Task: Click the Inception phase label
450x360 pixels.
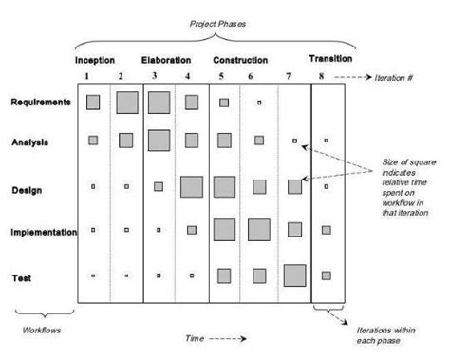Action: pyautogui.click(x=96, y=60)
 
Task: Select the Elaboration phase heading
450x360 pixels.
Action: pyautogui.click(x=166, y=60)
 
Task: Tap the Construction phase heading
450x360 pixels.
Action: pyautogui.click(x=239, y=60)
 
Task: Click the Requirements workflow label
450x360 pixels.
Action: pyautogui.click(x=42, y=102)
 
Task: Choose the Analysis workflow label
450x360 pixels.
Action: pyautogui.click(x=31, y=142)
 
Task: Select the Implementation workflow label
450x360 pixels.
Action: pyautogui.click(x=45, y=230)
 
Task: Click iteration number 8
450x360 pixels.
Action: pyautogui.click(x=323, y=76)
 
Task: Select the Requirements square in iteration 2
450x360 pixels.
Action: pyautogui.click(x=127, y=102)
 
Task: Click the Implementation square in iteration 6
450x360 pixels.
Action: pyautogui.click(x=258, y=230)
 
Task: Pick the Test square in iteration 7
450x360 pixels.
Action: pyautogui.click(x=294, y=275)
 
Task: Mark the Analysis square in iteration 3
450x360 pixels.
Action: pyautogui.click(x=159, y=141)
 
